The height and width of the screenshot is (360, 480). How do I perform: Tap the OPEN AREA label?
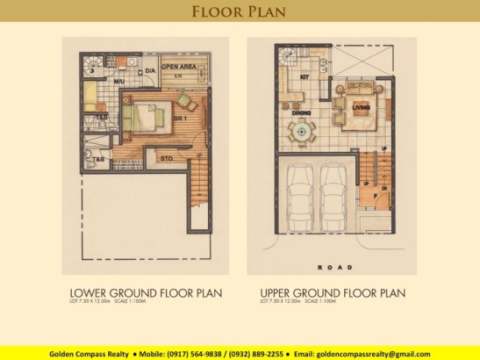[177, 67]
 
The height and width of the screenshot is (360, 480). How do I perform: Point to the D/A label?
[150, 70]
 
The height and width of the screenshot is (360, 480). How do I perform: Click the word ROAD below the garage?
[336, 266]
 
